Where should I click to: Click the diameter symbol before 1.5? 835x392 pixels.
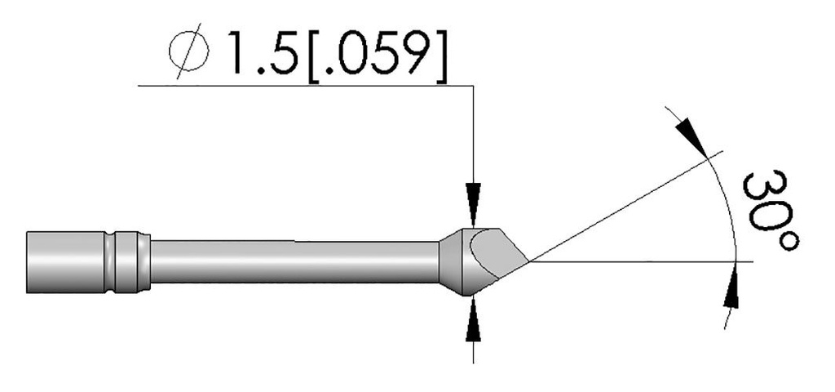(x=191, y=56)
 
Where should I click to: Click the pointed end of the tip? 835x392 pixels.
(x=529, y=262)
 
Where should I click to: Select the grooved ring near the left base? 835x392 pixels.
(x=130, y=261)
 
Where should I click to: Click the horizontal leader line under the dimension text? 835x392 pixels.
(x=302, y=85)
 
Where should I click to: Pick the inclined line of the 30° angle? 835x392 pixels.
(x=620, y=208)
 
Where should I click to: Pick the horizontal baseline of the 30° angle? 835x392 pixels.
(x=636, y=262)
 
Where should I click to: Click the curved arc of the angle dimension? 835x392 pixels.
(x=731, y=204)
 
